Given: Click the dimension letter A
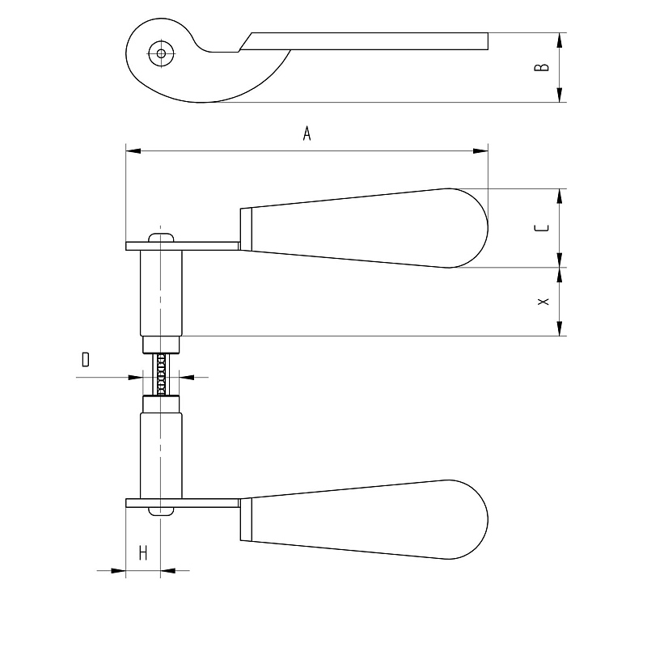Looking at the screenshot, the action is tap(307, 133).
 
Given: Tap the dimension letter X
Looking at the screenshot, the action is tap(543, 302).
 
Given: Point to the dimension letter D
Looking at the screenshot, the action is tap(86, 359).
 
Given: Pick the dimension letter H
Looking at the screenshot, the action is tap(143, 552).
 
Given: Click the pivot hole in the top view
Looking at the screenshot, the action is tap(161, 53).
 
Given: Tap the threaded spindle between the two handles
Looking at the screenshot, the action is tap(161, 374).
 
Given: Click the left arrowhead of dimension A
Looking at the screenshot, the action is tap(133, 151).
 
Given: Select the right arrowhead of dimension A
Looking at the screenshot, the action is tap(480, 151).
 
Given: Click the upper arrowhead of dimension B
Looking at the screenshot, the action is tap(560, 40).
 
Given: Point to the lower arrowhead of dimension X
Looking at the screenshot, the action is tap(560, 328).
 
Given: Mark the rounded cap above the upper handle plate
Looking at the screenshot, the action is tap(161, 238).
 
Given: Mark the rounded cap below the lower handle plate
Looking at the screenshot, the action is tap(161, 511).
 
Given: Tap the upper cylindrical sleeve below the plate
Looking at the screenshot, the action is tap(161, 293).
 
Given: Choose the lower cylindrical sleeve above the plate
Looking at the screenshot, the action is tap(161, 455).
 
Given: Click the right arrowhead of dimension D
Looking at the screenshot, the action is tap(187, 377).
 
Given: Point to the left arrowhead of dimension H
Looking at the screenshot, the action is tap(118, 571).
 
